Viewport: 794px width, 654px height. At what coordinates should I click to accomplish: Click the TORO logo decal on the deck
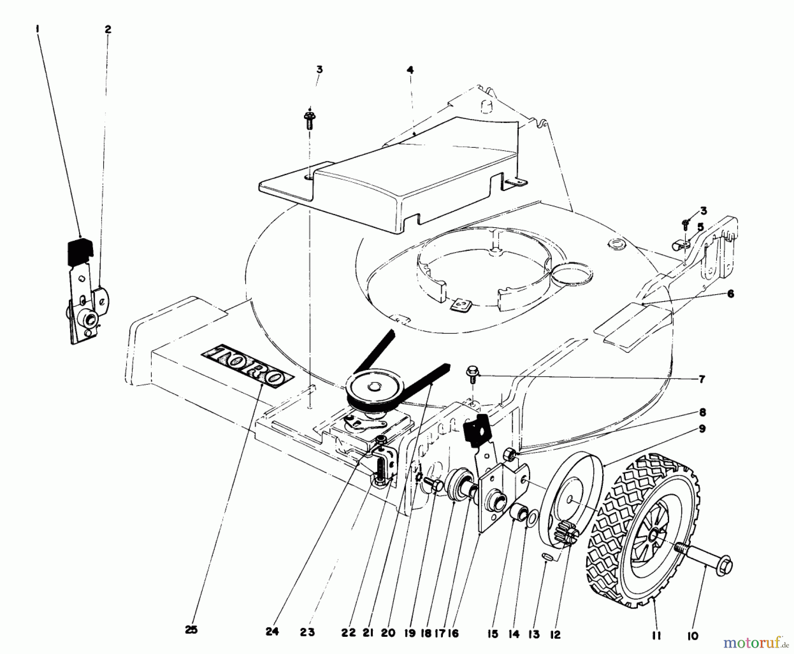click(248, 366)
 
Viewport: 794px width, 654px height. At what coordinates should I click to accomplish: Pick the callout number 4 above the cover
click(410, 70)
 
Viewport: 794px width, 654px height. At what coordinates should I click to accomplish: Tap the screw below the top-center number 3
click(309, 120)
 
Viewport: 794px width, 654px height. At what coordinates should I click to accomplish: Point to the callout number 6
click(730, 294)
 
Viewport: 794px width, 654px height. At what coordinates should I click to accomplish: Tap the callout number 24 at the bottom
click(272, 632)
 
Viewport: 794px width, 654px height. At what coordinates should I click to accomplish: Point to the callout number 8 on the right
click(702, 412)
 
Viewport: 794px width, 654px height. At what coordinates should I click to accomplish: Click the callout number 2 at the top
click(108, 30)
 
